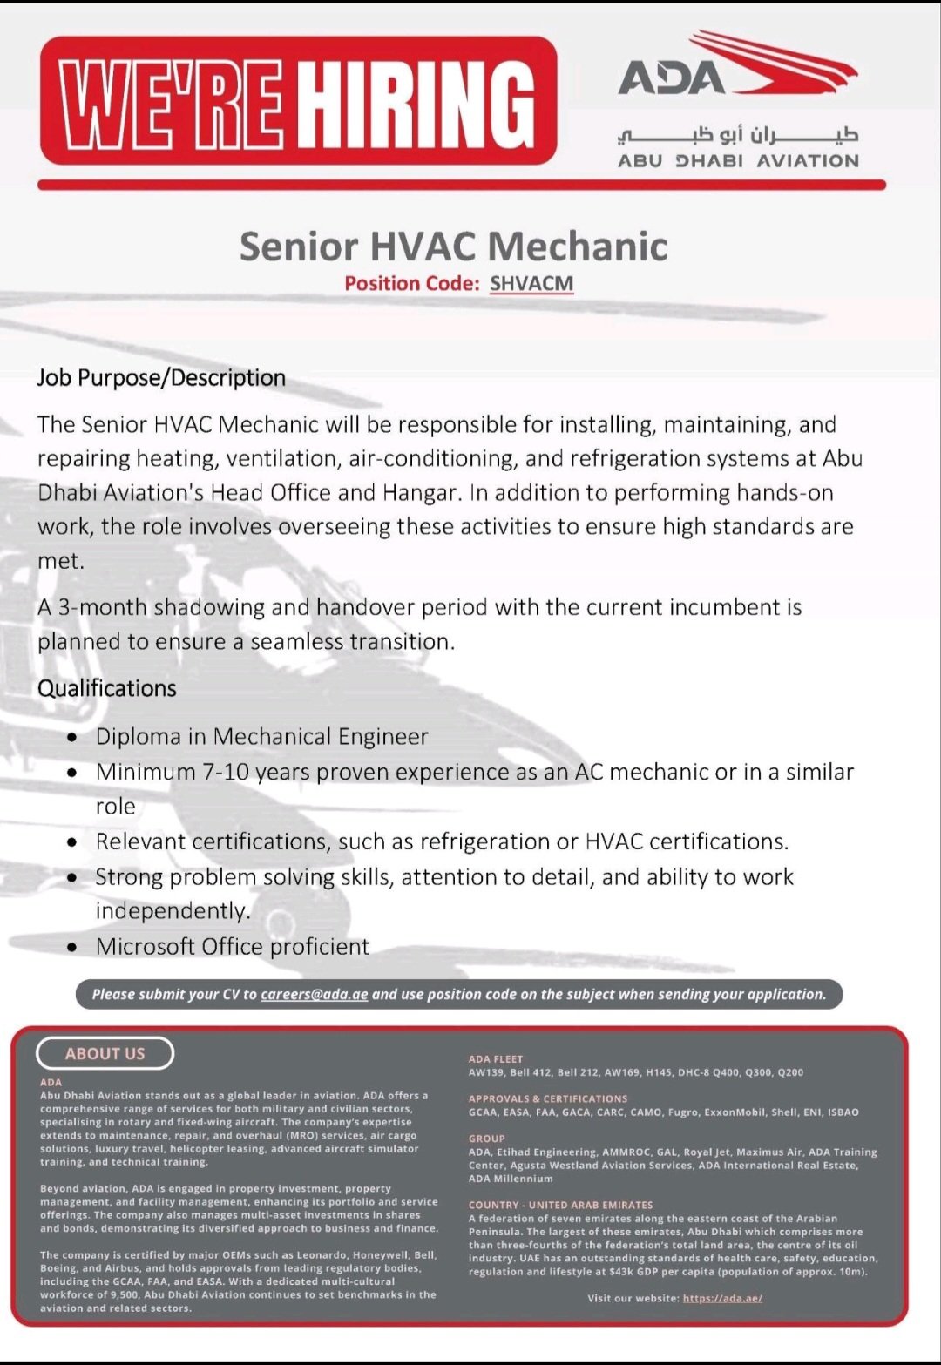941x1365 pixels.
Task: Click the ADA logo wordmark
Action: point(671,78)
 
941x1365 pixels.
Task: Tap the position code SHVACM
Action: point(531,283)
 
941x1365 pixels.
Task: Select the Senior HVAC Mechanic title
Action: point(453,246)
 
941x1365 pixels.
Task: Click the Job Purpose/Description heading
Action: point(161,378)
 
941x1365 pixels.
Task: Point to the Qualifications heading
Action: point(106,688)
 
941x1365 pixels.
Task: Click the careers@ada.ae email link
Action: point(314,994)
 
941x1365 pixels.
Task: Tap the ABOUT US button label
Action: point(105,1053)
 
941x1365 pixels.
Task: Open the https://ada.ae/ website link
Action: point(722,1298)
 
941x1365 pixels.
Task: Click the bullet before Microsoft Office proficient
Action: point(76,948)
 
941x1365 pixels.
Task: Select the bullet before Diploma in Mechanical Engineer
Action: point(76,738)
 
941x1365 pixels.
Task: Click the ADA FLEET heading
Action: point(495,1059)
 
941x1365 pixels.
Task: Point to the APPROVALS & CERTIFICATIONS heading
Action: point(547,1098)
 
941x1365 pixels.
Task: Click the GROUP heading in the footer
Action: point(486,1139)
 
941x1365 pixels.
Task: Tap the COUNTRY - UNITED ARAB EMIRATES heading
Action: point(560,1205)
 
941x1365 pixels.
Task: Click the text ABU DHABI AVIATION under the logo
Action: point(738,161)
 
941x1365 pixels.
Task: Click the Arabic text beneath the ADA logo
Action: point(737,134)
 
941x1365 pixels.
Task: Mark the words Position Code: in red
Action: point(411,283)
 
